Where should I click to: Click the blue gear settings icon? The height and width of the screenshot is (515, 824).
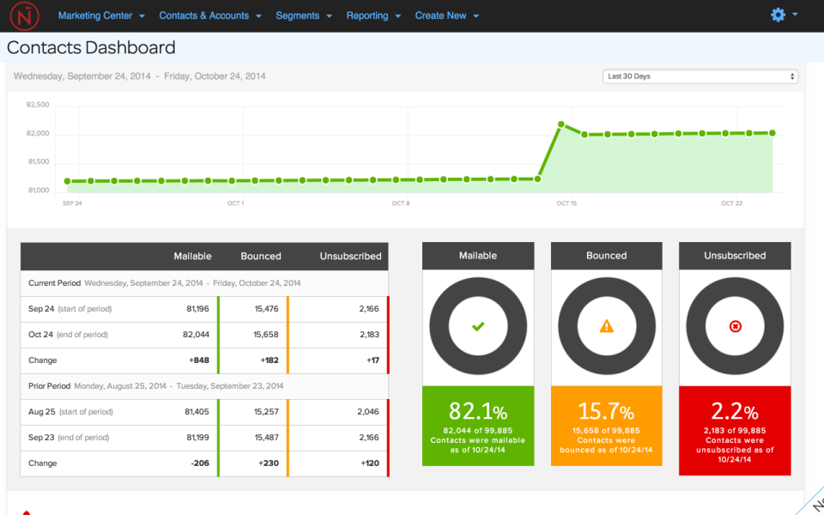click(779, 15)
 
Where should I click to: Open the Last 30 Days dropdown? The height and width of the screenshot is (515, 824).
click(700, 76)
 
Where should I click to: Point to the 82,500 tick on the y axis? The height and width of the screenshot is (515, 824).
click(38, 105)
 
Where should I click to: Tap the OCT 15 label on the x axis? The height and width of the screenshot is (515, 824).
click(566, 203)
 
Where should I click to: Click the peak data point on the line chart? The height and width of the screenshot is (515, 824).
click(561, 124)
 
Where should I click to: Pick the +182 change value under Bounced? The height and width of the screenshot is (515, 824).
click(269, 360)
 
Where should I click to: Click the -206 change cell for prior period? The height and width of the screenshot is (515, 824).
click(197, 463)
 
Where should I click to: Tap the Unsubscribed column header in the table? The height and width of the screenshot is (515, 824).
click(350, 256)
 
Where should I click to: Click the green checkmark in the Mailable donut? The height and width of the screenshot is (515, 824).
click(478, 326)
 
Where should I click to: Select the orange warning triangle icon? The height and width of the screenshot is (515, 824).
click(607, 326)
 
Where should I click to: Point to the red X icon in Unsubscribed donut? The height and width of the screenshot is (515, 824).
click(735, 326)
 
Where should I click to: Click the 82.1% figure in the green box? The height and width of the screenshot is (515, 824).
click(478, 411)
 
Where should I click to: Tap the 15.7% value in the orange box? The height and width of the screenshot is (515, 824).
click(607, 411)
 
